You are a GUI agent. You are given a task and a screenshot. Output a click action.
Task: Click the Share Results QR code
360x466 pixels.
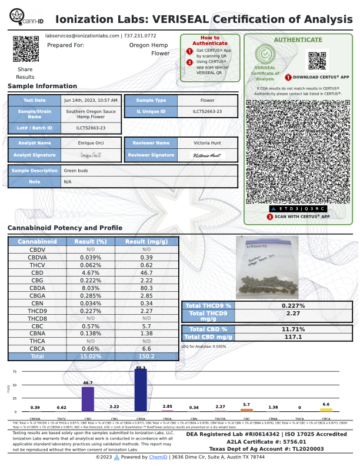tap(25, 49)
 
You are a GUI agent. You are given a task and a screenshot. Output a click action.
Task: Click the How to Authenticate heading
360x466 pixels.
tap(209, 40)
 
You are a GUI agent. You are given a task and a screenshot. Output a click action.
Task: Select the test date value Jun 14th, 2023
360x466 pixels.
tap(91, 100)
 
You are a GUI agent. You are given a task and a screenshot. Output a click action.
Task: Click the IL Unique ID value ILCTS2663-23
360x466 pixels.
tap(207, 111)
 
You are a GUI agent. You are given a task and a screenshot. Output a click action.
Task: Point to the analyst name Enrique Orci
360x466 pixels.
tap(91, 143)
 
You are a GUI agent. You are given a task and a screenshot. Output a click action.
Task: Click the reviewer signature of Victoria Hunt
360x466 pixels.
tap(207, 155)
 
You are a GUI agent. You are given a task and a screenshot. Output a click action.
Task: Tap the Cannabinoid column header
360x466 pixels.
tap(37, 242)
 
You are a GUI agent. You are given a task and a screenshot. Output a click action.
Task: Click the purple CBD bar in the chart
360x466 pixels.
tap(88, 398)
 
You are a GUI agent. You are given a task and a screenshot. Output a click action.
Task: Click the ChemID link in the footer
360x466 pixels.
tap(157, 457)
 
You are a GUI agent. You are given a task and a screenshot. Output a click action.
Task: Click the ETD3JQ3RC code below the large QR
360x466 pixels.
tap(298, 209)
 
